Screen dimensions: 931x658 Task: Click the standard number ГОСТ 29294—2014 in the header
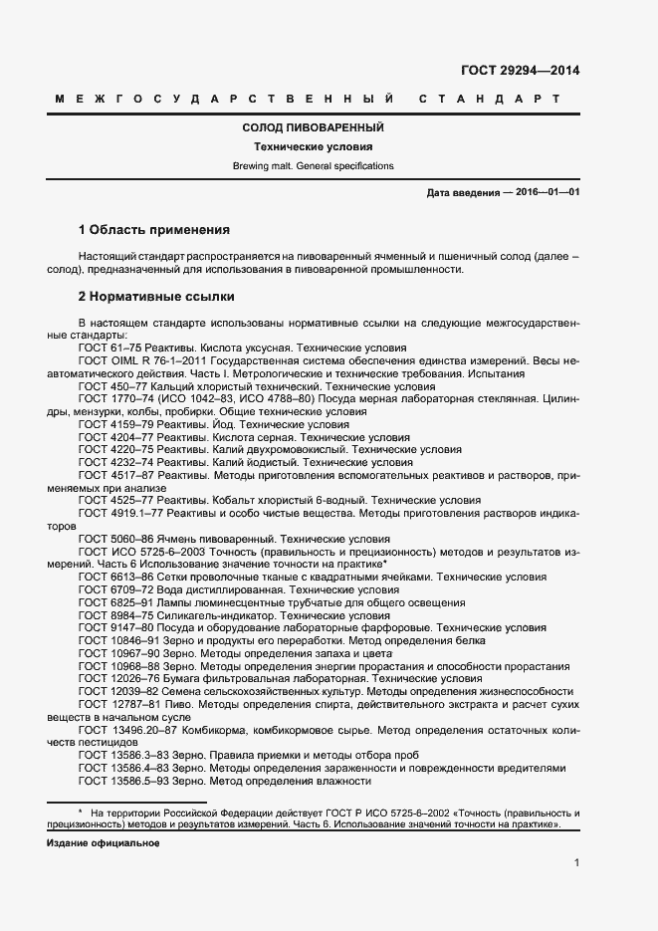point(520,71)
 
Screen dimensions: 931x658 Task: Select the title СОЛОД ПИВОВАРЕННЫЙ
point(314,128)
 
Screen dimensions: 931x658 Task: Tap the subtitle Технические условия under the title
point(314,147)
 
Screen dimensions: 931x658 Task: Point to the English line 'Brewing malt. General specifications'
point(314,166)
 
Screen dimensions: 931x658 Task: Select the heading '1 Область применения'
point(153,229)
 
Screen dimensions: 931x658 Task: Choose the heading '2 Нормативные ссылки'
point(156,297)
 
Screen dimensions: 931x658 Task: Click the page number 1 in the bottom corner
point(576,863)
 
